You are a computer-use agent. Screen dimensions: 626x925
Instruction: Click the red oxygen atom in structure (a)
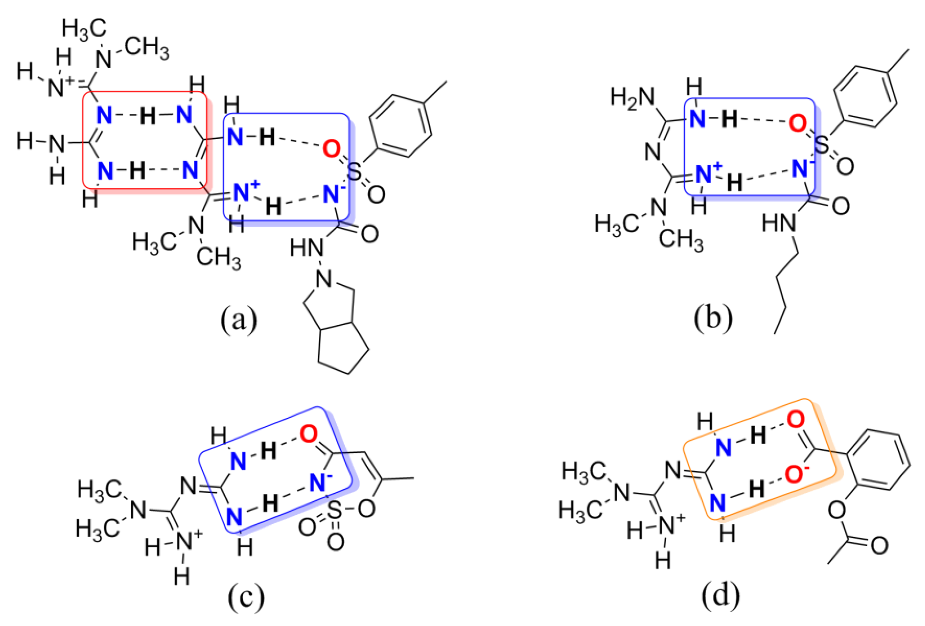point(331,149)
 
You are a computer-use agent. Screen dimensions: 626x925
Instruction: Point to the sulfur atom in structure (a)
point(354,172)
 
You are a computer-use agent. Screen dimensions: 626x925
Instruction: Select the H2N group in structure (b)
point(632,97)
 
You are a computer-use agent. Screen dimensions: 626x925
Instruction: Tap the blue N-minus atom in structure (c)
point(318,482)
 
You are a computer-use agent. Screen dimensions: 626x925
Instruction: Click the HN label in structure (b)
point(778,223)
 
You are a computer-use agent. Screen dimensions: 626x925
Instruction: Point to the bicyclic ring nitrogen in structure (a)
point(324,279)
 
